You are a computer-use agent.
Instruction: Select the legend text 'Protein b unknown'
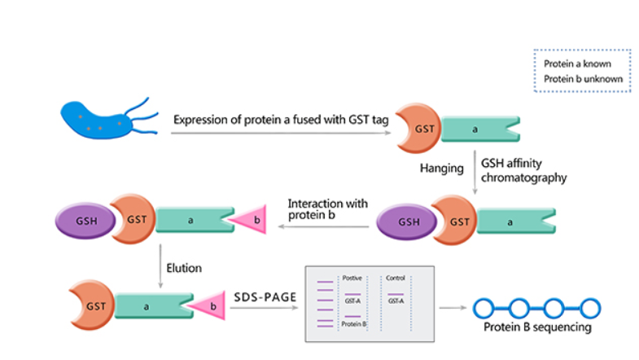click(583, 79)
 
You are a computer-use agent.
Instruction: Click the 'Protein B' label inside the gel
click(355, 324)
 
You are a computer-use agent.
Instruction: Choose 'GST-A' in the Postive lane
click(353, 301)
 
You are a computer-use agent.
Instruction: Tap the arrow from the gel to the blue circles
click(454, 308)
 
